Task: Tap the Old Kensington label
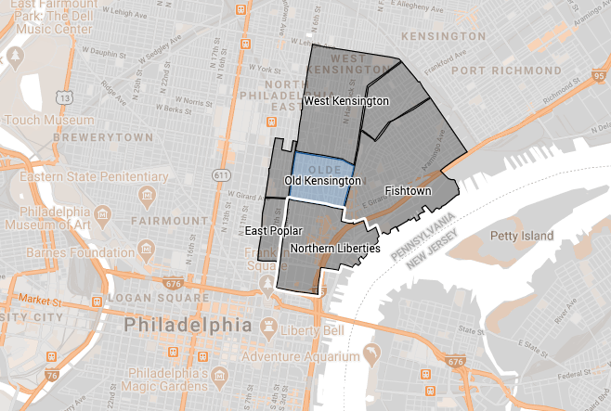[x=322, y=180]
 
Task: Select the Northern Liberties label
[x=334, y=249]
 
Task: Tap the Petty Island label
[x=523, y=237]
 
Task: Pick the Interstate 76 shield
[x=26, y=375]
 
